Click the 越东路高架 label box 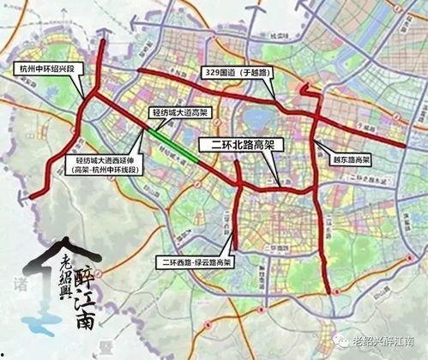(x=350, y=160)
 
